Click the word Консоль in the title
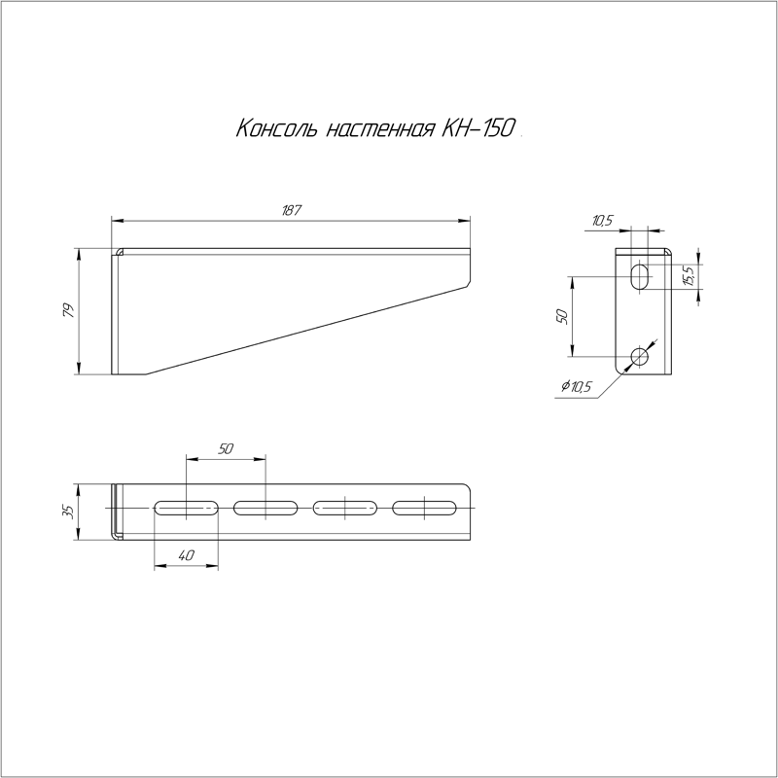(x=275, y=128)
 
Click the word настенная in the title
(x=379, y=129)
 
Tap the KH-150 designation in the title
(x=477, y=127)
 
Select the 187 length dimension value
(x=291, y=210)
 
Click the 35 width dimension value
(x=68, y=512)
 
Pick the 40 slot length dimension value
(x=186, y=555)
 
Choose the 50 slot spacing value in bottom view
(x=226, y=448)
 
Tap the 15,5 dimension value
(x=689, y=275)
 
